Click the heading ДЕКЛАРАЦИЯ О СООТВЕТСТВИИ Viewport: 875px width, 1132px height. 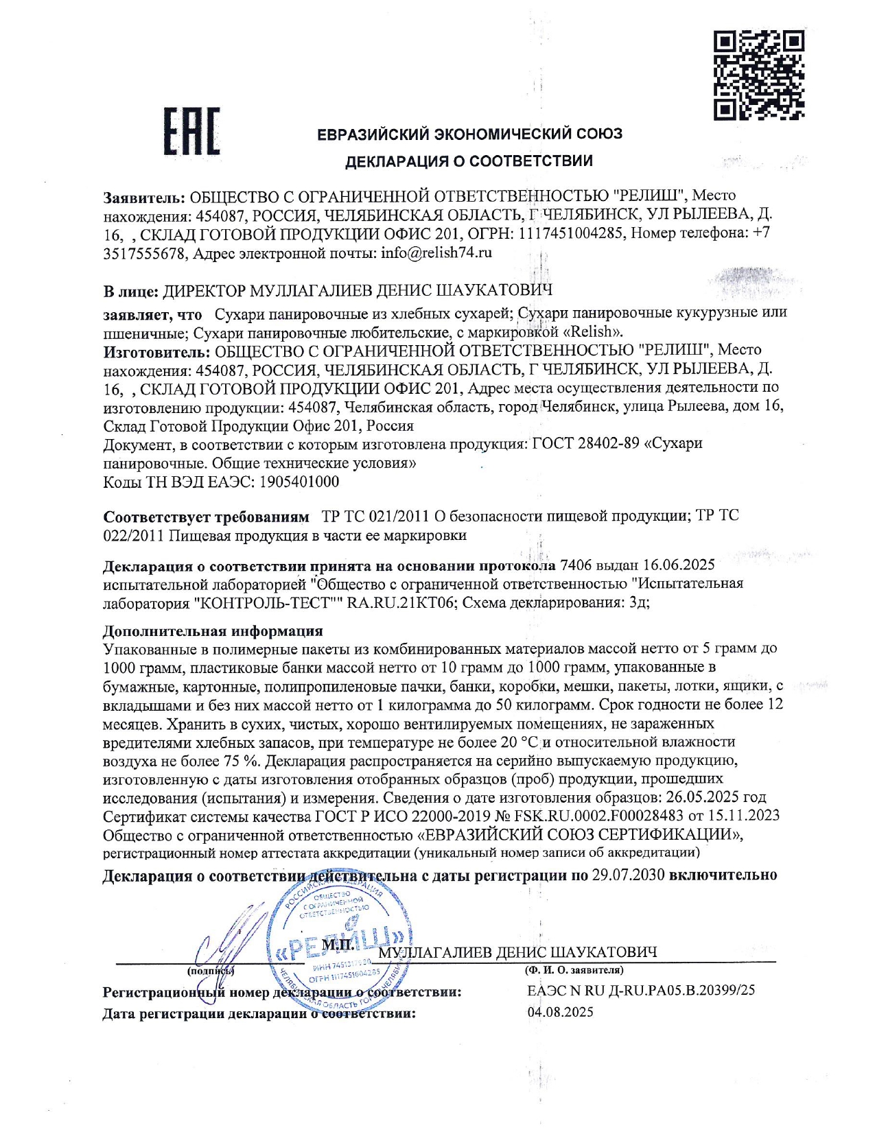pos(469,162)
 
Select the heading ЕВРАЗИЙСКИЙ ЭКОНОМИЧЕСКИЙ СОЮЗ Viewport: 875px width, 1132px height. pos(469,134)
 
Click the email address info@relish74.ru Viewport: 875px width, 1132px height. pos(436,252)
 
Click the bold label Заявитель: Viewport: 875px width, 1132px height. pos(144,197)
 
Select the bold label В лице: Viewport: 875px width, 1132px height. pos(130,292)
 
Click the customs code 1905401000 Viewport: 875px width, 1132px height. pos(299,482)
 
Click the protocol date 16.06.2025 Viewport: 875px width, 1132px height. pos(679,565)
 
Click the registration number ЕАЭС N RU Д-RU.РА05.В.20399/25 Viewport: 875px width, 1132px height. pos(641,991)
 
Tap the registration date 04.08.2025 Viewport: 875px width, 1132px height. pos(560,1012)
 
